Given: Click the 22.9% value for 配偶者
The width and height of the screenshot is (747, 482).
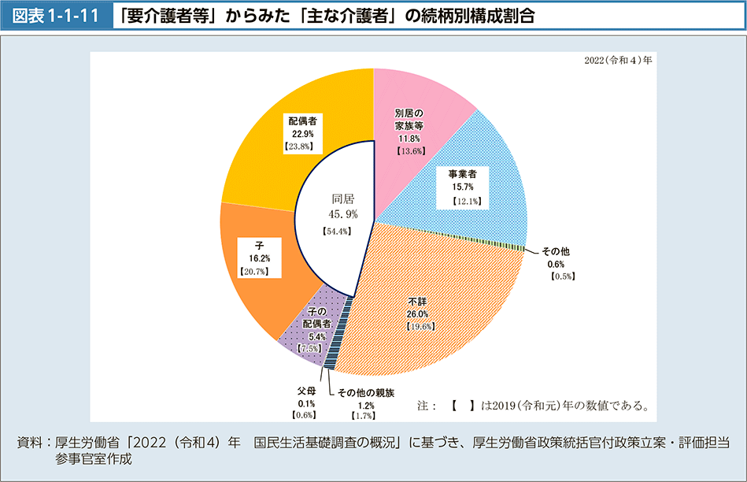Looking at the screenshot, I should click(302, 133).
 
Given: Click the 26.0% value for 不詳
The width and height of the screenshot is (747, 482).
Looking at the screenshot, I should click(417, 313).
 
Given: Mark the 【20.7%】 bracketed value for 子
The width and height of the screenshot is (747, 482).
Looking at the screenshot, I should click(254, 271).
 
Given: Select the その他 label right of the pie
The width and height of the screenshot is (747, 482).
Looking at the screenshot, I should click(556, 251).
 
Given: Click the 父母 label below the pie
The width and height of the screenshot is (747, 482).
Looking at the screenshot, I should click(306, 391).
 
